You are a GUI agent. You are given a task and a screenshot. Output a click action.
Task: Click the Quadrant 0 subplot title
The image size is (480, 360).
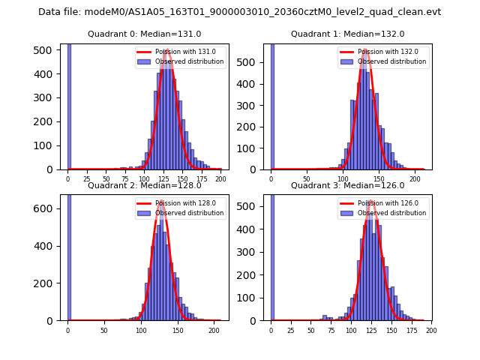(x=145, y=34)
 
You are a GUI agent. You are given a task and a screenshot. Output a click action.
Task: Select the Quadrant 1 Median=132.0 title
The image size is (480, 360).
(x=348, y=34)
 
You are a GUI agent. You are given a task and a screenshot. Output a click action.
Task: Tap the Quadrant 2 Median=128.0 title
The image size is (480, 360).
(x=145, y=185)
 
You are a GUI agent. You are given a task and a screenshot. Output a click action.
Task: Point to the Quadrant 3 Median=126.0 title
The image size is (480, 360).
(x=348, y=185)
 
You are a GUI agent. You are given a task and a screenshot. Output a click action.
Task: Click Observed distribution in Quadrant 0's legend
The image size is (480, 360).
(x=194, y=61)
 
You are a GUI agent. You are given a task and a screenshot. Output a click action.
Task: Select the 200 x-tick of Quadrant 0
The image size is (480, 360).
(x=220, y=179)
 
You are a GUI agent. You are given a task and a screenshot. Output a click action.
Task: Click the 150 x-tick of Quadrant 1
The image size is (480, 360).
(x=379, y=179)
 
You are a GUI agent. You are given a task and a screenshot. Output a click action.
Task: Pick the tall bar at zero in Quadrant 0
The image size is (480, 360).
(x=69, y=105)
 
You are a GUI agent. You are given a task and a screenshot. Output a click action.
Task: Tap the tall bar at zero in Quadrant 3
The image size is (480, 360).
(x=272, y=255)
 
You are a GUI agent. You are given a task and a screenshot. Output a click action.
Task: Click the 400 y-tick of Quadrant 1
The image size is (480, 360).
(x=250, y=84)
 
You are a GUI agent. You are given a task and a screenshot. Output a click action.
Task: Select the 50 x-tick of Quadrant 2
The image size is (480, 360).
(x=104, y=330)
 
